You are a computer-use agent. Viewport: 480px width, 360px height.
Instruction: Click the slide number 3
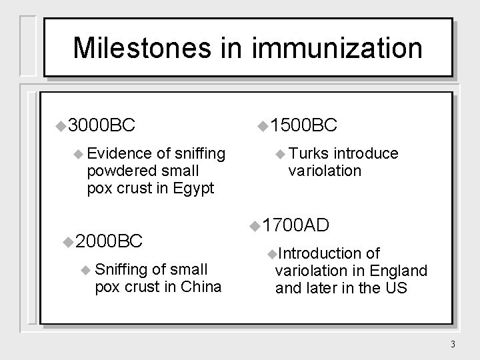[452, 345]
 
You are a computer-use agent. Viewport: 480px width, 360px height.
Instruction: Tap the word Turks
[310, 154]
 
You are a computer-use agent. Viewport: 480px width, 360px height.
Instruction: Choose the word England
[398, 271]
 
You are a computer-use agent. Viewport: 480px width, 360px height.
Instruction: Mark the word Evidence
[115, 154]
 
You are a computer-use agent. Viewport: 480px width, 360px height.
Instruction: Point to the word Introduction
[318, 253]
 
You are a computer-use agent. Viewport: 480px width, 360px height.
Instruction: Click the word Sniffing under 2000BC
[123, 269]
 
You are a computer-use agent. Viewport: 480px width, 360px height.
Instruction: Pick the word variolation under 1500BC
[325, 171]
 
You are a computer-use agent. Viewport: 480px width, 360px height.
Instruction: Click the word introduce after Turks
[366, 154]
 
